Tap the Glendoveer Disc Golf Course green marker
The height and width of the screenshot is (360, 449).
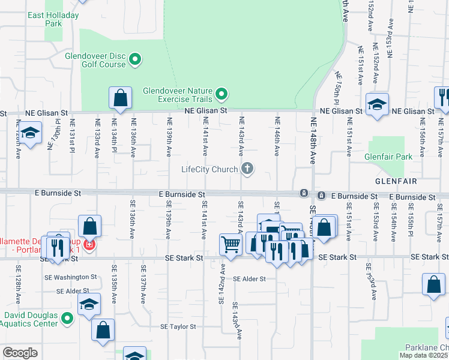coord(135,59)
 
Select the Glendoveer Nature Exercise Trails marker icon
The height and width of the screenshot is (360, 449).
coord(221,93)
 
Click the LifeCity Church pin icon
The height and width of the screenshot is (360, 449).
coord(247,169)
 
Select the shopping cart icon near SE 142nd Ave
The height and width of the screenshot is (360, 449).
coord(231,244)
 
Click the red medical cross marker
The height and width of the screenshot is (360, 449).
coord(89,245)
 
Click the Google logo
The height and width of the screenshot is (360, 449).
coord(20,353)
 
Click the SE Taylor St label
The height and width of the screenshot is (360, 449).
coord(178,327)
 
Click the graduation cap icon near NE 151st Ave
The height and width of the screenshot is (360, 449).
coord(378,104)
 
